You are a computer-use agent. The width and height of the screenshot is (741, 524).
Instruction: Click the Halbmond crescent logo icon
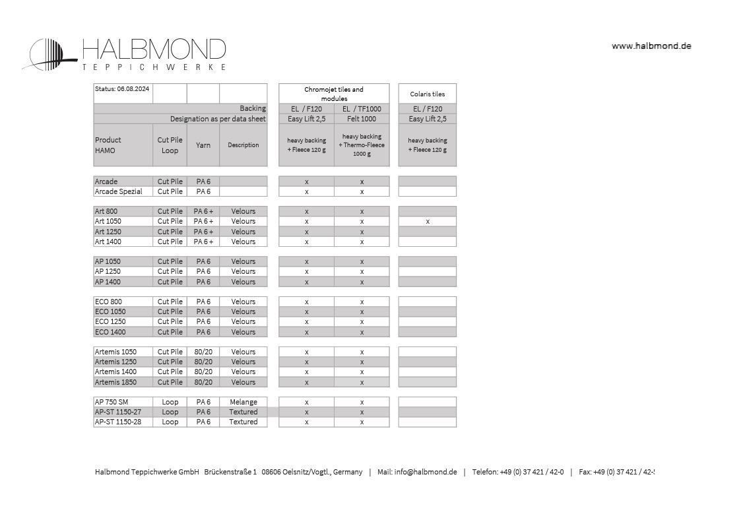49,54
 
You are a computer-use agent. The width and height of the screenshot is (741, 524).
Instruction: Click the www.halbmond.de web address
651,46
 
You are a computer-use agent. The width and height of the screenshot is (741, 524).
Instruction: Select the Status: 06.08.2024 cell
122,88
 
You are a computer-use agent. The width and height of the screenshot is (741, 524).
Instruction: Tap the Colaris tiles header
427,94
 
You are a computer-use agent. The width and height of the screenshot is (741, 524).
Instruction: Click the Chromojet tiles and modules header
333,94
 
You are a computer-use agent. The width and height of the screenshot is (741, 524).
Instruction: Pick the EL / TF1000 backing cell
362,109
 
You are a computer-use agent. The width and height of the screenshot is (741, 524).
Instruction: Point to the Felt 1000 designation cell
362,119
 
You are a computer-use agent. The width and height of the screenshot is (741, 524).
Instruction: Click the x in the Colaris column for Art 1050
428,222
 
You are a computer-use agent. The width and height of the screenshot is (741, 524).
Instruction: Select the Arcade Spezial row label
119,191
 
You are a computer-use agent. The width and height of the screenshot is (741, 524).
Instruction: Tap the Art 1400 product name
108,242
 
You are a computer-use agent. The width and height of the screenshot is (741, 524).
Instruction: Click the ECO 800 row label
108,302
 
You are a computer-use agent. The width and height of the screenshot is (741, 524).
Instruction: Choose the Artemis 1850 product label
115,382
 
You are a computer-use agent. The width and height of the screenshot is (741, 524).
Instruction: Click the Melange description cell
243,402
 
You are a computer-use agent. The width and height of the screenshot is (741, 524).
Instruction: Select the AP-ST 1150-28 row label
117,422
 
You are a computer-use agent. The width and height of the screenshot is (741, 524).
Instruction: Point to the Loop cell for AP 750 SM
170,402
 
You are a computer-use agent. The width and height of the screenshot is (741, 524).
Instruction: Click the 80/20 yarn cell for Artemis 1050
203,352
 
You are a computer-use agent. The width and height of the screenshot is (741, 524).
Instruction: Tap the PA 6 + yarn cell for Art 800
203,211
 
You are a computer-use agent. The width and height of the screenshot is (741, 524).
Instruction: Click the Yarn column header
203,145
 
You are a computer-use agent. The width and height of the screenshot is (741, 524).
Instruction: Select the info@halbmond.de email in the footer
426,472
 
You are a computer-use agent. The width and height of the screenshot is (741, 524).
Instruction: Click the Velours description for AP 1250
243,271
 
